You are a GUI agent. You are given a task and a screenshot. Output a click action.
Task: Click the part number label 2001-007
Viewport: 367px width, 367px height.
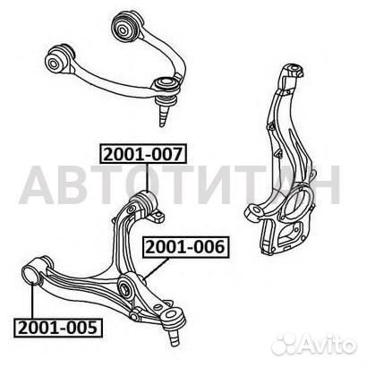point(143,154)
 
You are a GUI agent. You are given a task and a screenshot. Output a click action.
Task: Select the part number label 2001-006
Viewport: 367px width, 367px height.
point(185,247)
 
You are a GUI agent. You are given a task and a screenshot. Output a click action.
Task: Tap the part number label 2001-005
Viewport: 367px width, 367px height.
point(58,328)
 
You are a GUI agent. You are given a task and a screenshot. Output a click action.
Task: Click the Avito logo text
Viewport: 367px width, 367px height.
point(328,345)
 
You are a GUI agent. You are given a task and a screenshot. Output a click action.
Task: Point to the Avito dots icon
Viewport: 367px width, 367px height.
point(285,345)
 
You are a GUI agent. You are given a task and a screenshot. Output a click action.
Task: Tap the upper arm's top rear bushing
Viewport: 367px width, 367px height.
point(128,27)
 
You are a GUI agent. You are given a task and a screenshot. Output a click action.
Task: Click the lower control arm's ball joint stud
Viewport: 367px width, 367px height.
point(174,337)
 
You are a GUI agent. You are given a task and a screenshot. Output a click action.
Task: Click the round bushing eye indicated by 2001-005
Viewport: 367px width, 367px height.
point(31,276)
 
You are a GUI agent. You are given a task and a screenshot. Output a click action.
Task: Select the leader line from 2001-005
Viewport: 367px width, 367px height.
point(32,301)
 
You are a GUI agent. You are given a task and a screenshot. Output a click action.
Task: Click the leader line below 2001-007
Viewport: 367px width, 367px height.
point(148,178)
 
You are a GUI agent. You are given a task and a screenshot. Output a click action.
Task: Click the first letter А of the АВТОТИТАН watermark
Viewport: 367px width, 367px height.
point(37,185)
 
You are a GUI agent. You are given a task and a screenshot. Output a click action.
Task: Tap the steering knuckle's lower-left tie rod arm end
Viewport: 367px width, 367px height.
point(252,213)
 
